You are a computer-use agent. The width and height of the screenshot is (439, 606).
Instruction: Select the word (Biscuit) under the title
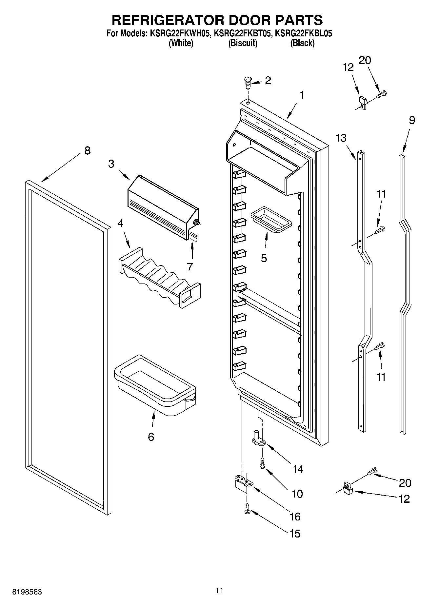click(243, 43)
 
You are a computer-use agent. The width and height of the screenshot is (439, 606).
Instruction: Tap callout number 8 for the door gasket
click(87, 151)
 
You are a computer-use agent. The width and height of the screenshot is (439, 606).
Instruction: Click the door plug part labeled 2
click(248, 81)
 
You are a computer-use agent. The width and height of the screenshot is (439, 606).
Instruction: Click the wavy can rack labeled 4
click(159, 278)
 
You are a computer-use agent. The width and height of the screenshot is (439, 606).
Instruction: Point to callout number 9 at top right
click(412, 121)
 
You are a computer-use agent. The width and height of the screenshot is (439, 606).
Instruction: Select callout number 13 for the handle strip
click(341, 138)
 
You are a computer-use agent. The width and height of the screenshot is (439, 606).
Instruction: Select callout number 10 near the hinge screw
click(297, 494)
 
